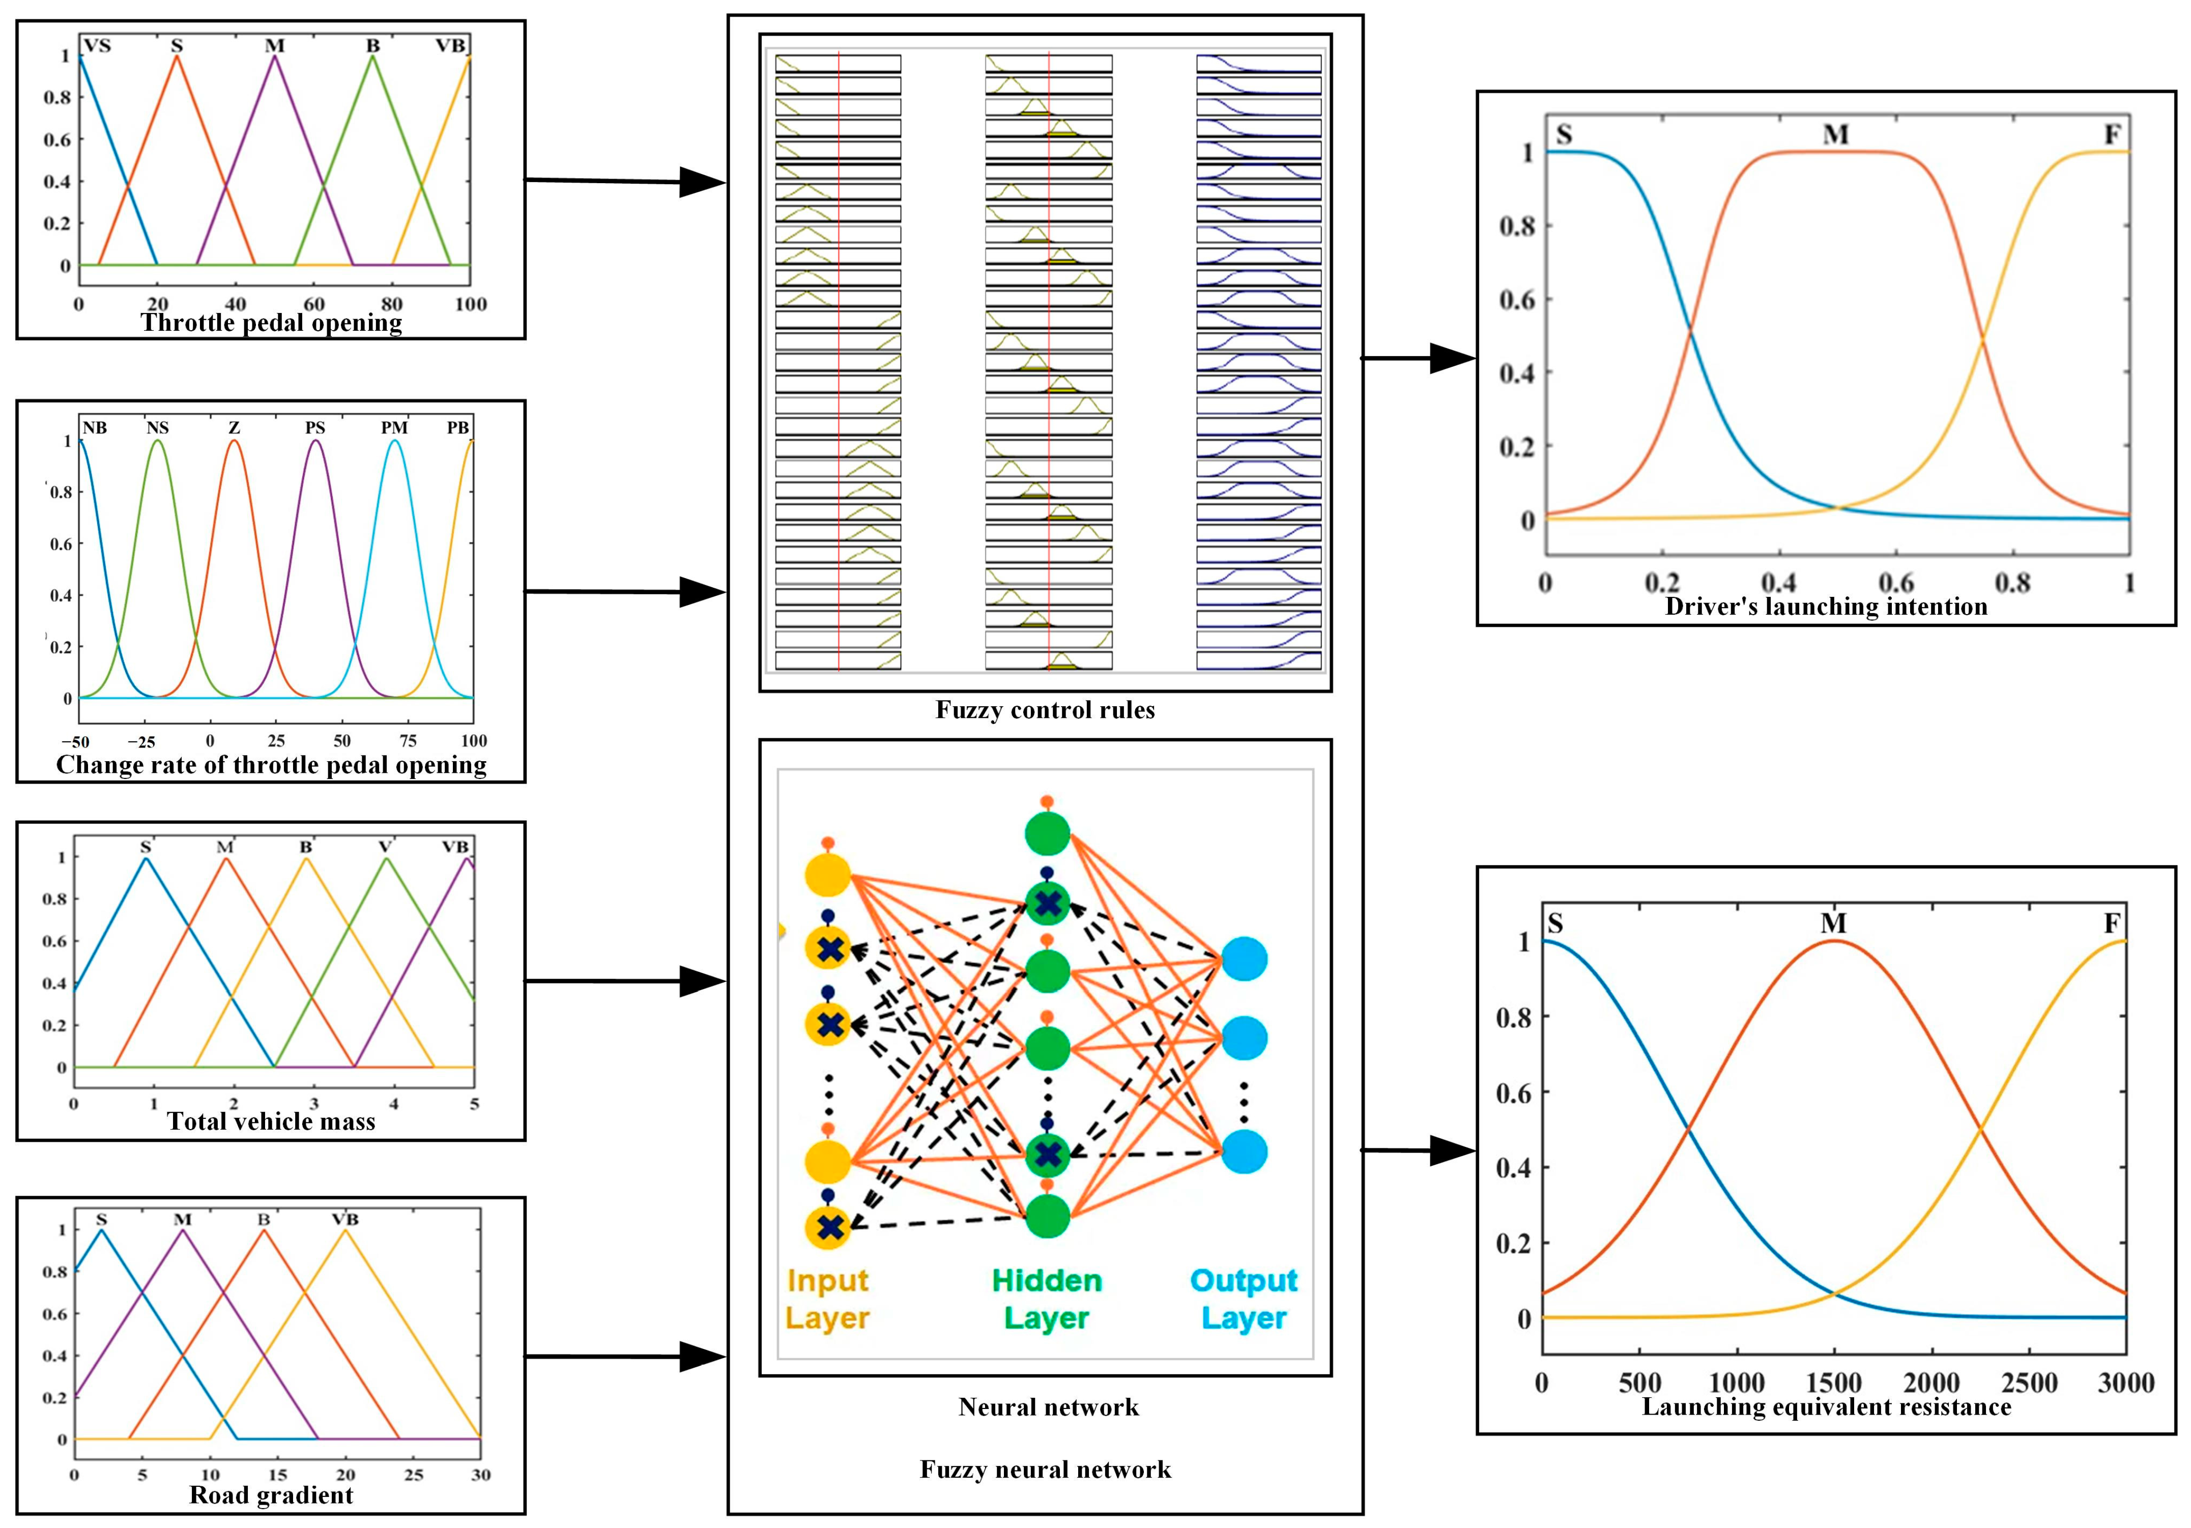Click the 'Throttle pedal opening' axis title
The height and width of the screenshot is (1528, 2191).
[x=271, y=323]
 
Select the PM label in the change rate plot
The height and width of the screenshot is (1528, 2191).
[x=394, y=427]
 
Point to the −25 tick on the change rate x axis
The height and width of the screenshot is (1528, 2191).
[x=142, y=741]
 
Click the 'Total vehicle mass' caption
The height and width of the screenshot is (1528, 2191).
[x=271, y=1121]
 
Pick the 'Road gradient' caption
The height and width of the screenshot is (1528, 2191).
[x=271, y=1494]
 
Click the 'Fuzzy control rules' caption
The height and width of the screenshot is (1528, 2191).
[x=1045, y=710]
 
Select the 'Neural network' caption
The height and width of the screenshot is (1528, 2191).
[x=1048, y=1407]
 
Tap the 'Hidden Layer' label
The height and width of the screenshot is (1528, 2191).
[x=1047, y=1299]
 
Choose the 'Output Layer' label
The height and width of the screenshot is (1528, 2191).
[x=1244, y=1299]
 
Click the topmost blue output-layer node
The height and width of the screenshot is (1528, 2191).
[x=1245, y=959]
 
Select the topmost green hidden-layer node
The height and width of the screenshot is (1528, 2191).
[x=1047, y=833]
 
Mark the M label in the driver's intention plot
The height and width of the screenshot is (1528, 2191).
[x=1835, y=134]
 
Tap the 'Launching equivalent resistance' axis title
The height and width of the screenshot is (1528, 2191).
[x=1826, y=1407]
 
